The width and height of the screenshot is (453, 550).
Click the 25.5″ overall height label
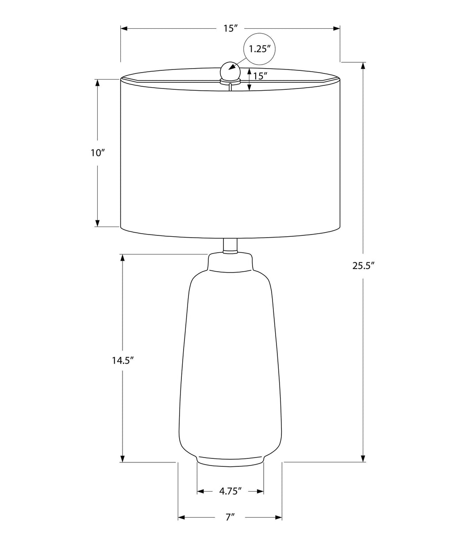pyautogui.click(x=364, y=265)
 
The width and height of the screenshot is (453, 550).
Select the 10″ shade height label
pyautogui.click(x=97, y=153)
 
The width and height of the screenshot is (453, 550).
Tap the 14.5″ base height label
pyautogui.click(x=123, y=360)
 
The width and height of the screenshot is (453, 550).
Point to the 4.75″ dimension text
pyautogui.click(x=230, y=491)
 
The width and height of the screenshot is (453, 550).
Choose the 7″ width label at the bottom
pyautogui.click(x=230, y=517)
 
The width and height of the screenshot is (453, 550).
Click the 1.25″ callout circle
pyautogui.click(x=260, y=49)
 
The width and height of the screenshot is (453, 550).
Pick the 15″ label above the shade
pyautogui.click(x=230, y=29)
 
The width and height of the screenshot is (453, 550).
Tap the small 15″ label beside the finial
pyautogui.click(x=261, y=76)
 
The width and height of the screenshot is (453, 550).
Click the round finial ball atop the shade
pyautogui.click(x=230, y=70)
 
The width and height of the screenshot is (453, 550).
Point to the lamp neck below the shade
pyautogui.click(x=230, y=246)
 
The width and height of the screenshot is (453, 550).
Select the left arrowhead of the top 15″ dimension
pyautogui.click(x=124, y=29)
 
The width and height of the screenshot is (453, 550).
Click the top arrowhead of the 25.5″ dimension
pyautogui.click(x=363, y=65)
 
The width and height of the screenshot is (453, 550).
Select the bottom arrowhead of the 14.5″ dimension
pyautogui.click(x=123, y=458)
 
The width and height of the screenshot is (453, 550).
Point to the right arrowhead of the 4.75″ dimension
pyautogui.click(x=261, y=491)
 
